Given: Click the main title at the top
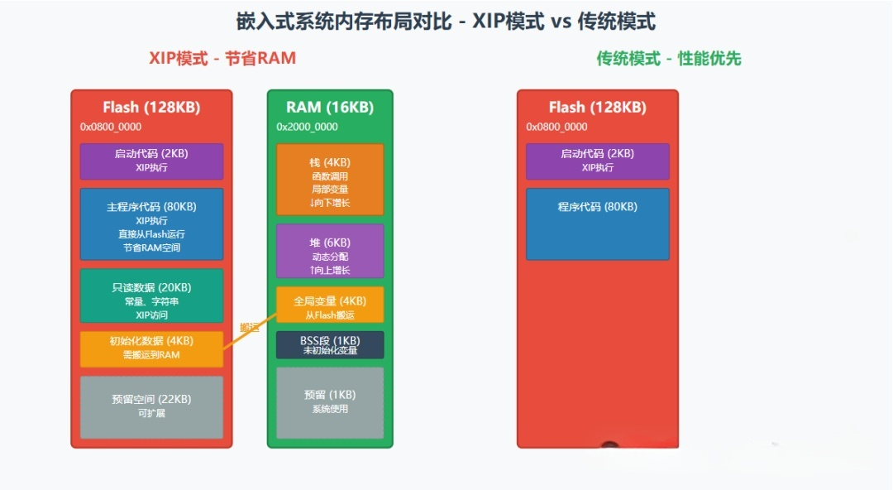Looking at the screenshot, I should point(446,22).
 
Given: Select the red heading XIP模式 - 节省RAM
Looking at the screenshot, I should point(222,59).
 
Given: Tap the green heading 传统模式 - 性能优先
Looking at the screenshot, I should point(668,59).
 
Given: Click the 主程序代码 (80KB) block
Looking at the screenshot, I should point(151,224).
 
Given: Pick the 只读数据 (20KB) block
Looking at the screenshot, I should point(151,295).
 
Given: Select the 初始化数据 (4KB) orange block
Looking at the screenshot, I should point(151,348).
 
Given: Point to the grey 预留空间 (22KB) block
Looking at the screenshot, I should point(151,406).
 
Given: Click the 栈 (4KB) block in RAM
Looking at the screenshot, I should point(330,180).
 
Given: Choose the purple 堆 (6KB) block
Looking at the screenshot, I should point(330,251).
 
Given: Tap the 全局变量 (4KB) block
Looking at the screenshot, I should point(330,306).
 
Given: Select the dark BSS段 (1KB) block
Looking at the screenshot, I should point(330,345).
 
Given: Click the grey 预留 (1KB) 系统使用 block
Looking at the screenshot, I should point(330,402).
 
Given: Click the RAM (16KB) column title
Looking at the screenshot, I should point(330,108).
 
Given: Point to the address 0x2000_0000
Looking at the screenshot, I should point(307,127).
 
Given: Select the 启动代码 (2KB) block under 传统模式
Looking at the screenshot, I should point(598,161).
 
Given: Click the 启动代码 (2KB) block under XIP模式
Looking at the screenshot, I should point(151,161).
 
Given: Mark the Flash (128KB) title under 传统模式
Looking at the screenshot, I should point(598,108).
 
